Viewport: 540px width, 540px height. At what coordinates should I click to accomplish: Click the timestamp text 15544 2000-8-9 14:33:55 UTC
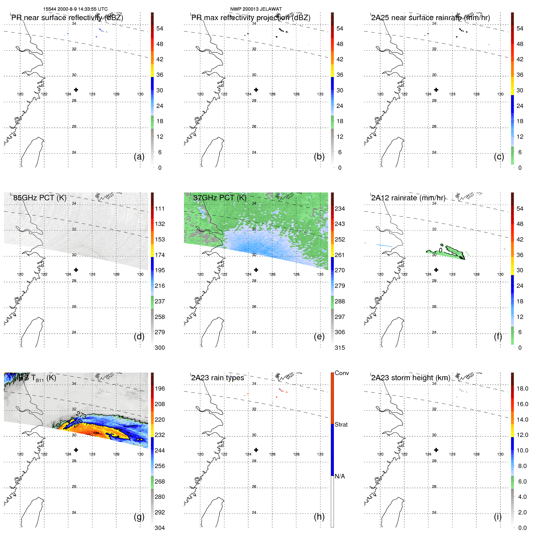coord(75,9)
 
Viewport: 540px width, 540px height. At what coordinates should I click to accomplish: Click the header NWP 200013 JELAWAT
coord(256,9)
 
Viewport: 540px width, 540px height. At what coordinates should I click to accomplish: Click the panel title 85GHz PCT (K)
coord(40,198)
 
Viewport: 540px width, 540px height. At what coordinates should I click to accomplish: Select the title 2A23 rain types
coord(217,378)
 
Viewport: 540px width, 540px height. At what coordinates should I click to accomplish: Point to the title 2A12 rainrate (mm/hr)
coord(408,198)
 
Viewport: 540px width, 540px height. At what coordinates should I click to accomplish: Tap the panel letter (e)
coord(319,336)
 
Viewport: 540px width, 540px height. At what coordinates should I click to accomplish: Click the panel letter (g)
coord(139,517)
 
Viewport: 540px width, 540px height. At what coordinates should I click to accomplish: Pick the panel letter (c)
coord(499,156)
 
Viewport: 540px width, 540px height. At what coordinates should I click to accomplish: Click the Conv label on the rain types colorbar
coord(342,373)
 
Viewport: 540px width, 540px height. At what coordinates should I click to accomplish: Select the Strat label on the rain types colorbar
coord(341,424)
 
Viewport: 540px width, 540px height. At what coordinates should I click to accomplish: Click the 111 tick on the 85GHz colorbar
coord(159,209)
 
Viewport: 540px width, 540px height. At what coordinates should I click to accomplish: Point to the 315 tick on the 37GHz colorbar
coord(340,348)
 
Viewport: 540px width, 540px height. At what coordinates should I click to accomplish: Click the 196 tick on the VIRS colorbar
coord(159,388)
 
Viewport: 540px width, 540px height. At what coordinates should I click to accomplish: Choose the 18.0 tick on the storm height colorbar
coord(522,388)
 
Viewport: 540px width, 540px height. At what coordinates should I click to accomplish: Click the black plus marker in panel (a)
coord(76,90)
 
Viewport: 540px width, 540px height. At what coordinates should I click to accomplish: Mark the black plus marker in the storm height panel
coord(436,450)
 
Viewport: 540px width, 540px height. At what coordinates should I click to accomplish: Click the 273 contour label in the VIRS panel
coord(81,415)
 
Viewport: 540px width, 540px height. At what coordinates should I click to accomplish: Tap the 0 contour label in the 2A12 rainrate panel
coord(440,250)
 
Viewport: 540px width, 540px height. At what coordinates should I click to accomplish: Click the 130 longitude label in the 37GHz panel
coord(320,274)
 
